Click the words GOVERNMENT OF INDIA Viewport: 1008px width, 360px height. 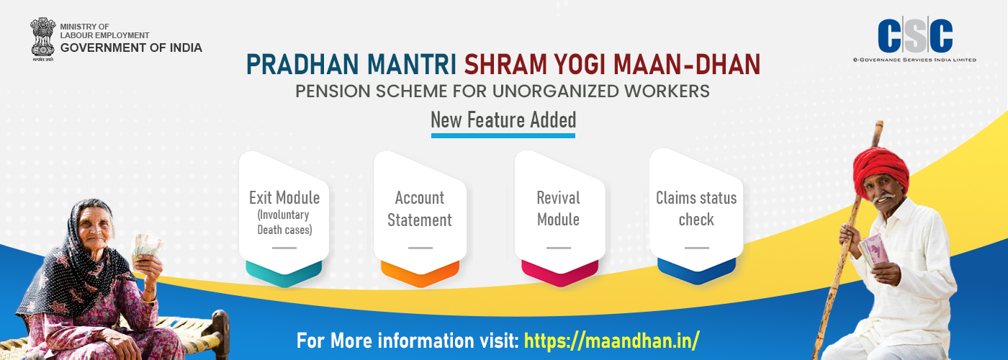131,48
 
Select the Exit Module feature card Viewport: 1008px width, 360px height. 284,219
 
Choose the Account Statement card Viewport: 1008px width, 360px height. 420,219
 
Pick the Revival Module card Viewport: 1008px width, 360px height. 559,219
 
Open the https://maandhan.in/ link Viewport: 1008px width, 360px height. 611,341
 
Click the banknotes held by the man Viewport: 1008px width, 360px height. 874,250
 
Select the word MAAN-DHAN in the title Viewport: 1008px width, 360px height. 687,64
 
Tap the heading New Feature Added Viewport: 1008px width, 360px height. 503,120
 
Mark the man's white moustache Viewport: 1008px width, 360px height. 883,197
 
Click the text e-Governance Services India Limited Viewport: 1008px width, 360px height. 915,59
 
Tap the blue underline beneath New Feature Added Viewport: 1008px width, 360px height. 503,135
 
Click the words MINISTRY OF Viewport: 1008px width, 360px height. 85,27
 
